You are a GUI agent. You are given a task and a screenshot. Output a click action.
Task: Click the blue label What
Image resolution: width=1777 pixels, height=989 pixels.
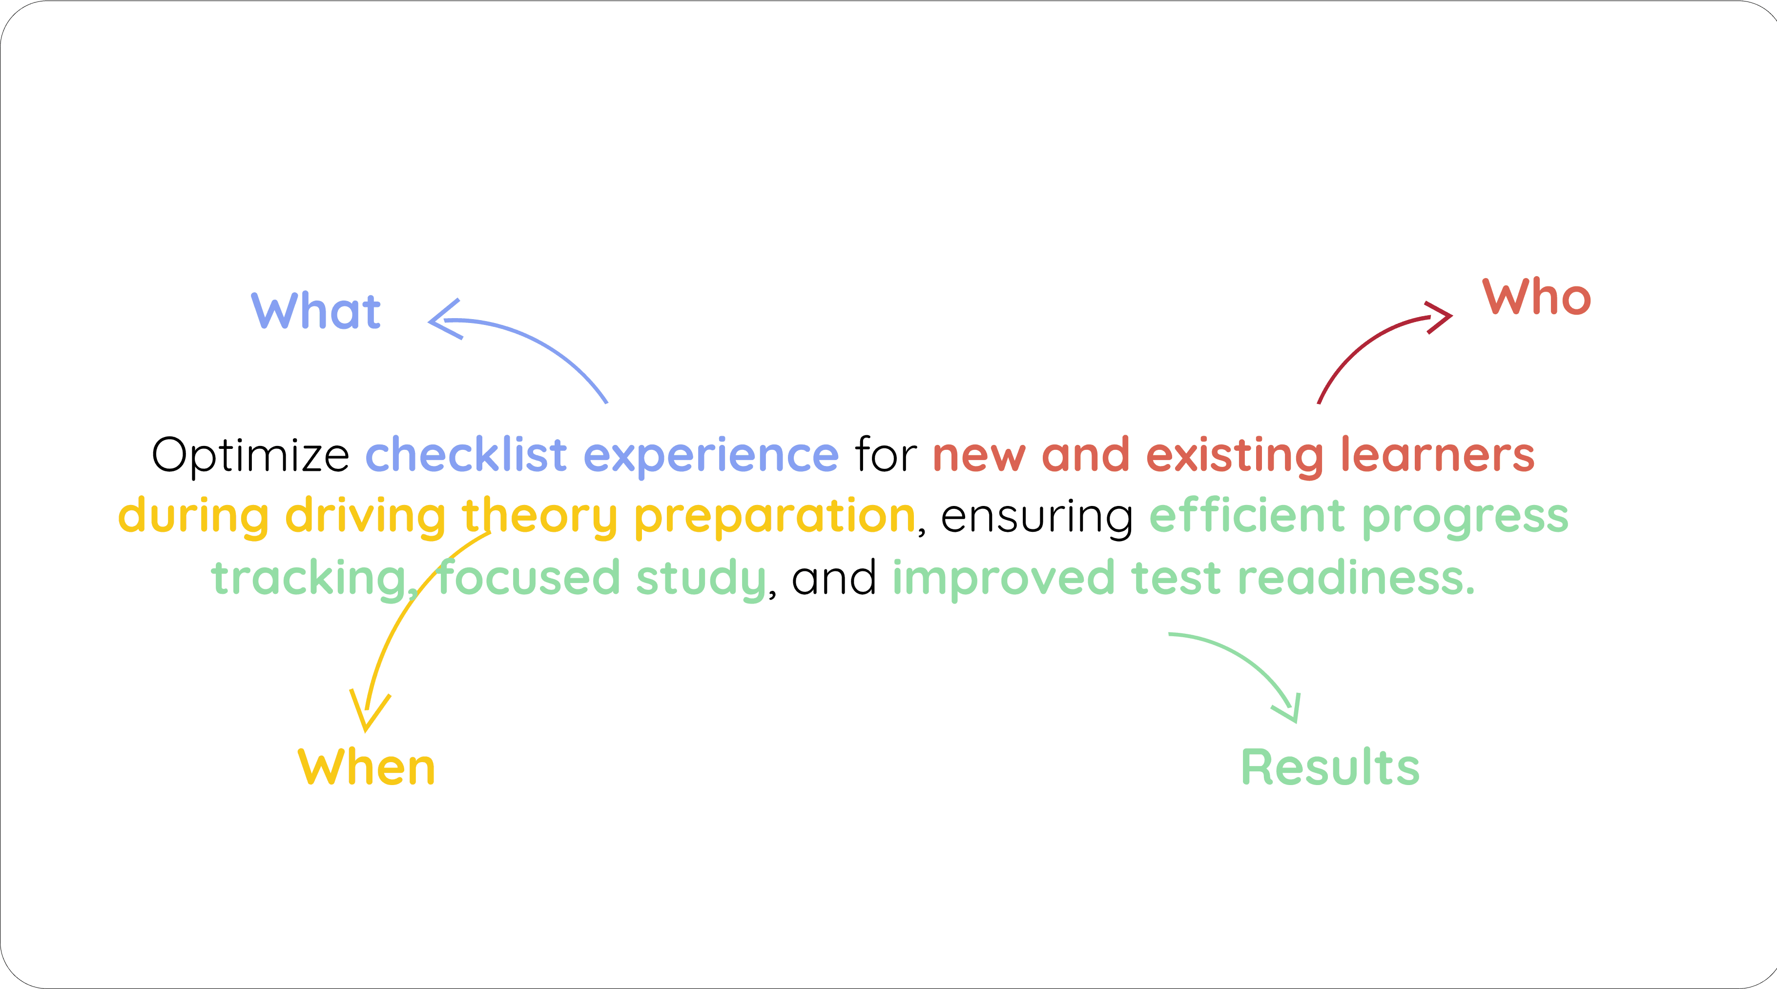pyautogui.click(x=316, y=311)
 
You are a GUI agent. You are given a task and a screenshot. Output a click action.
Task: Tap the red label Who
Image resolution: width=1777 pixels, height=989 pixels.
pyautogui.click(x=1536, y=298)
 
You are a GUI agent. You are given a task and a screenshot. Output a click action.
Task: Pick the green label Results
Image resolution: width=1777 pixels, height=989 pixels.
pyautogui.click(x=1330, y=767)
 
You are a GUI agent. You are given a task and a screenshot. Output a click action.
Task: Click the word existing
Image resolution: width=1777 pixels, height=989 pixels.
pyautogui.click(x=1235, y=457)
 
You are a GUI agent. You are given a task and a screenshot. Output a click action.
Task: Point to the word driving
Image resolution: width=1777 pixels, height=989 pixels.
pyautogui.click(x=366, y=517)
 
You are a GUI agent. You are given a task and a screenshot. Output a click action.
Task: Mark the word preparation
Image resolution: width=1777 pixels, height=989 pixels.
pyautogui.click(x=774, y=517)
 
